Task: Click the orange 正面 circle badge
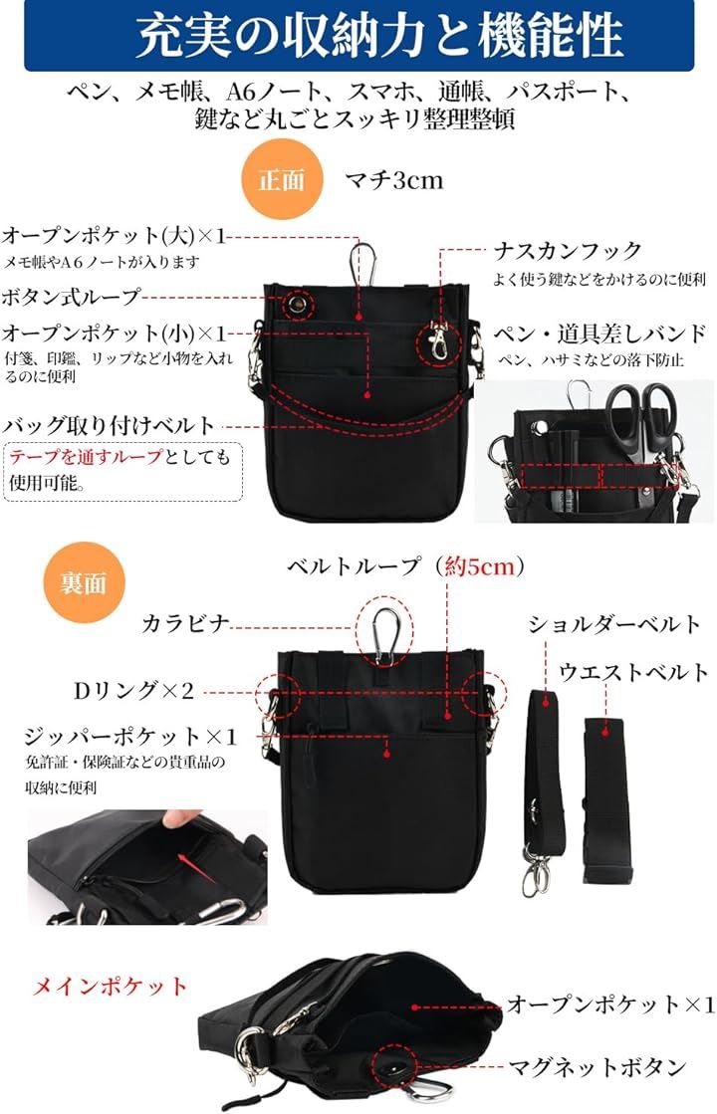[282, 180]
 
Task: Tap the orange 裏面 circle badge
[85, 582]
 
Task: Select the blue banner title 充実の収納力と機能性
[379, 37]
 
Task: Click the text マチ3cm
[394, 180]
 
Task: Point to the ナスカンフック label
[568, 251]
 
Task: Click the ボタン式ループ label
[71, 297]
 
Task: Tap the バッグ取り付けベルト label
[109, 425]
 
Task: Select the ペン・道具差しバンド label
[600, 334]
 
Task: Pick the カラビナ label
[185, 624]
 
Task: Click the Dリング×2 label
[133, 691]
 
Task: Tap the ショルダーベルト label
[614, 624]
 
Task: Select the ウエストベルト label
[633, 672]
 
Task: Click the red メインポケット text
[111, 987]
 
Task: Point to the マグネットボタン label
[597, 1067]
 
